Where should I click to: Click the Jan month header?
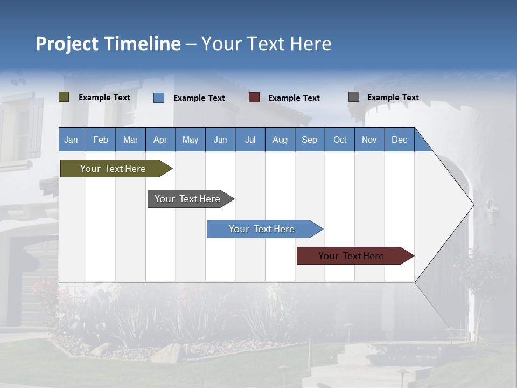click(x=71, y=140)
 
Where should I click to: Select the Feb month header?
click(x=101, y=140)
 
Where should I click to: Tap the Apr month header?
click(x=160, y=140)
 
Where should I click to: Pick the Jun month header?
click(x=220, y=140)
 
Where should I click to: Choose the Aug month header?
click(x=280, y=140)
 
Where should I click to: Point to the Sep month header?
click(x=309, y=140)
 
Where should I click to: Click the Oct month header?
click(x=340, y=140)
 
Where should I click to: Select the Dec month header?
click(x=399, y=140)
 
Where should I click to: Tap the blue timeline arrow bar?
click(x=263, y=229)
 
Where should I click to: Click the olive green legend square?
click(x=64, y=97)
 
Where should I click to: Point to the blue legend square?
click(x=159, y=98)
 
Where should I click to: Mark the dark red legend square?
click(x=254, y=98)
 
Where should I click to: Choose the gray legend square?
click(x=354, y=97)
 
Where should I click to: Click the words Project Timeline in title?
click(x=108, y=44)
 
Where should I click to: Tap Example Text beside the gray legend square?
click(x=393, y=98)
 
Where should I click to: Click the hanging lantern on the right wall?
click(x=491, y=213)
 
